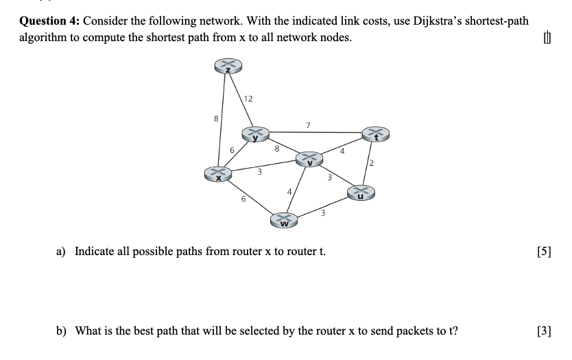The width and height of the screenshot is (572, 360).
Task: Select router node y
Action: click(x=254, y=134)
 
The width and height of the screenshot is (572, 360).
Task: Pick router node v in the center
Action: click(x=309, y=159)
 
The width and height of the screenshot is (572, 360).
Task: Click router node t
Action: click(x=375, y=134)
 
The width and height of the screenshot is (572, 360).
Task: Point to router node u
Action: click(x=361, y=193)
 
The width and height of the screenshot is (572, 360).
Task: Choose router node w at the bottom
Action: click(x=283, y=220)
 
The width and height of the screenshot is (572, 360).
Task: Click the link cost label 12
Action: click(x=248, y=99)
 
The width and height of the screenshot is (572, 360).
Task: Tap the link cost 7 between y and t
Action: click(x=308, y=125)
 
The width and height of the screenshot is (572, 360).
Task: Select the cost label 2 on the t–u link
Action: click(x=370, y=163)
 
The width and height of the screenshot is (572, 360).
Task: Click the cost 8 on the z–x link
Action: click(x=217, y=118)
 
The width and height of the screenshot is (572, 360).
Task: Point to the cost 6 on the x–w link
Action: click(x=242, y=200)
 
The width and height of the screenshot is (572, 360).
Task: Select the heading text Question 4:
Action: click(x=48, y=21)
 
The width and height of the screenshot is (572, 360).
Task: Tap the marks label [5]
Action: click(x=545, y=251)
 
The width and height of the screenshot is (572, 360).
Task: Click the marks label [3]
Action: click(x=545, y=331)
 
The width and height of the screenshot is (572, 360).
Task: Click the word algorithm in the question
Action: click(x=43, y=37)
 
